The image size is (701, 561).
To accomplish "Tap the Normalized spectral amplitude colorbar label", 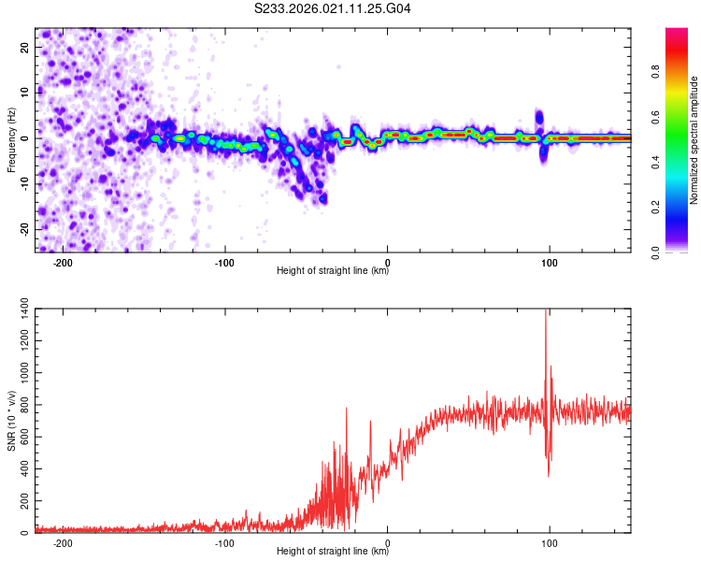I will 694,140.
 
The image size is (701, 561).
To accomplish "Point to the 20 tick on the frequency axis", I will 24,46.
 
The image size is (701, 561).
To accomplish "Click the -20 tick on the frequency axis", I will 22,229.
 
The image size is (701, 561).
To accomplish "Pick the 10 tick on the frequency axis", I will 24,92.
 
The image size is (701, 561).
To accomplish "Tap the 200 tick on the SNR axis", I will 21,502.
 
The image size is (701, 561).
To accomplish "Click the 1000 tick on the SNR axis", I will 18,374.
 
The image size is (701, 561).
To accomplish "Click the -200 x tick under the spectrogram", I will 62,262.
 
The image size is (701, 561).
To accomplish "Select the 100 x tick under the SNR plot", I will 550,543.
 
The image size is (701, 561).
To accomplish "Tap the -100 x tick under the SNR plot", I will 224,543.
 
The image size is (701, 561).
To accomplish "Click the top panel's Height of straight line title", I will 333,271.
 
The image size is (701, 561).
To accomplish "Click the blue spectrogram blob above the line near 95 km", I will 539,118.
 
